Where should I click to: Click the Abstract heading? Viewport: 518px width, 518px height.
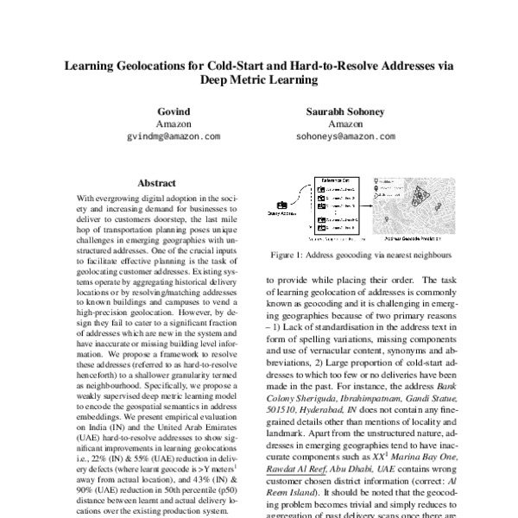[157, 183]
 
